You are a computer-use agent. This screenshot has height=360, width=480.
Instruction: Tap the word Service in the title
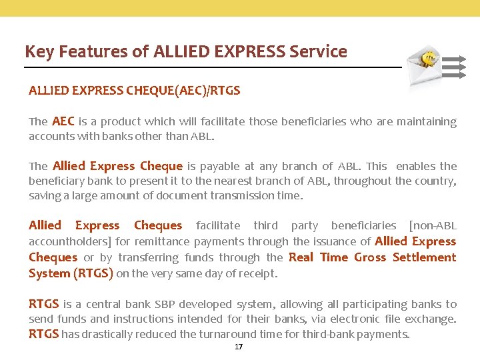318,51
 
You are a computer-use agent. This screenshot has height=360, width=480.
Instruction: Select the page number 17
239,347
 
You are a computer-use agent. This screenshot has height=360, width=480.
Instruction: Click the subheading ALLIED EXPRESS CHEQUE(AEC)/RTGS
134,91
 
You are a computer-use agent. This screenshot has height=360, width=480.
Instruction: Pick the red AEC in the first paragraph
63,121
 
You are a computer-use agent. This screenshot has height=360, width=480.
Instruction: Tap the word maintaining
426,121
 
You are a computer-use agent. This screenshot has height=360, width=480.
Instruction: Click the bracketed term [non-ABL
433,225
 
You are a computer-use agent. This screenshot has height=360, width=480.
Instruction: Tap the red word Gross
370,257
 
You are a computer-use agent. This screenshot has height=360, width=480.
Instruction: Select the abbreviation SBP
165,304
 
